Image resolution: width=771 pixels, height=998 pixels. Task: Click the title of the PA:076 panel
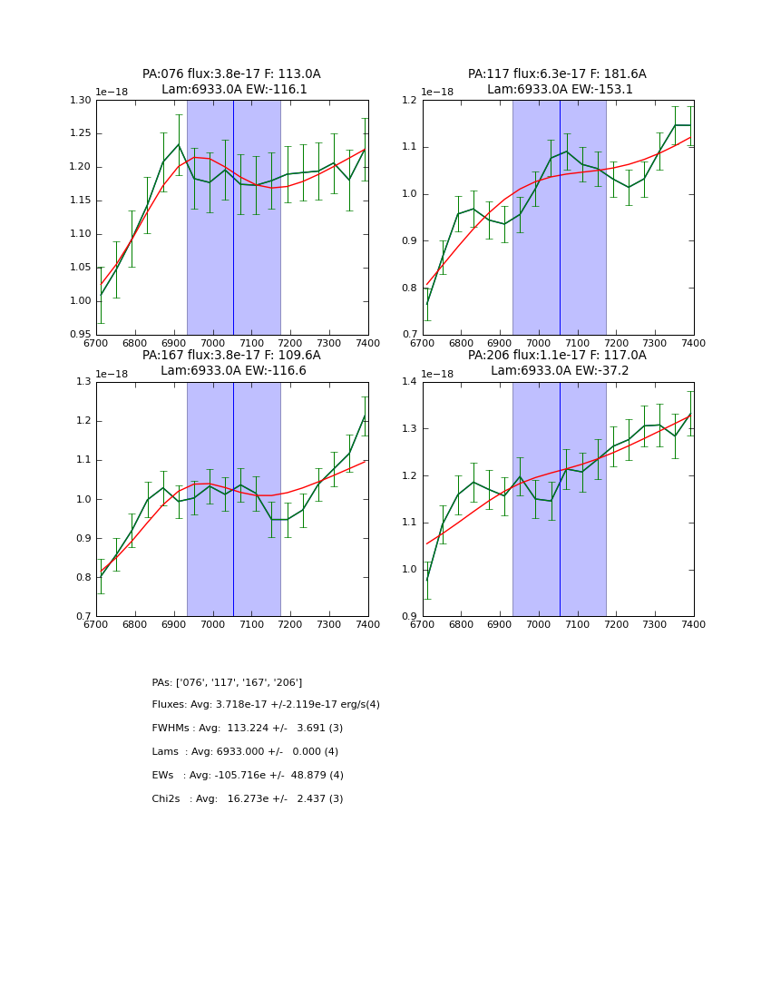[x=231, y=82]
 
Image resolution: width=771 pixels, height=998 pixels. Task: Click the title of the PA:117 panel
[x=557, y=82]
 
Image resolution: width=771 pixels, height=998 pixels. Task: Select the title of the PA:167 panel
[x=231, y=363]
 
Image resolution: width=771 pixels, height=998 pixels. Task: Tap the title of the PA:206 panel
[x=557, y=363]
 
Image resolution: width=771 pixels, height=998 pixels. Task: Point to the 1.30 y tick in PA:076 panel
[x=81, y=100]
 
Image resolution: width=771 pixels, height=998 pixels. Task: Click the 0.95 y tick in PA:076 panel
[x=81, y=335]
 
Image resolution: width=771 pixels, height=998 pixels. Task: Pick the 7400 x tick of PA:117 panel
[x=694, y=343]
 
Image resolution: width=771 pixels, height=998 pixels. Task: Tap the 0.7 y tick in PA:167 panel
[x=83, y=617]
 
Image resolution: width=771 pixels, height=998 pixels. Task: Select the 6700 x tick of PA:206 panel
[x=423, y=624]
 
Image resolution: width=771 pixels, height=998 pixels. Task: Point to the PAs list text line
[x=227, y=682]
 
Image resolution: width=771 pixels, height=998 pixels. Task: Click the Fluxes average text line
[x=266, y=705]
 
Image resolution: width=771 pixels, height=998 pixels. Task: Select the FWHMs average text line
[x=248, y=729]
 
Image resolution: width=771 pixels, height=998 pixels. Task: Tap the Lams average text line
[x=245, y=752]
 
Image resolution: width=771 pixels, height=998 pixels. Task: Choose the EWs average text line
[x=248, y=776]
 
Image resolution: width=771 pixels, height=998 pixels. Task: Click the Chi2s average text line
[x=248, y=799]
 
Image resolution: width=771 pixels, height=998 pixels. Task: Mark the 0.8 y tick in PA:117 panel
[x=410, y=289]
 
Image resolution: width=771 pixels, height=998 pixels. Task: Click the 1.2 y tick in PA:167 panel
[x=83, y=421]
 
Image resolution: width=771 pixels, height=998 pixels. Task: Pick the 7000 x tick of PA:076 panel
[x=213, y=343]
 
